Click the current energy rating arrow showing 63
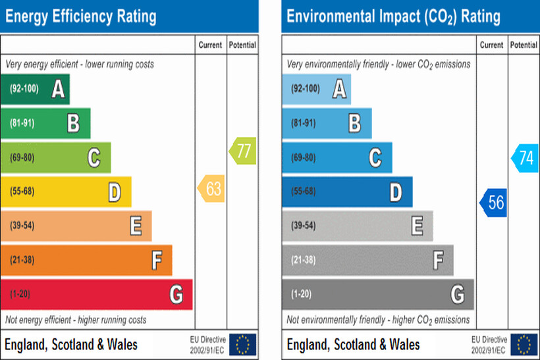point(211,190)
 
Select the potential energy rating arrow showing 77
point(243,151)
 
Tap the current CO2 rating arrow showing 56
point(493,203)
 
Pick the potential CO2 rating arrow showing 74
point(525,159)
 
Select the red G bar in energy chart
point(96,294)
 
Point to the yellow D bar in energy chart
point(66,192)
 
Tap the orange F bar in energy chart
point(86,260)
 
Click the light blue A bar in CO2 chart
point(317,89)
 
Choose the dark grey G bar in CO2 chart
point(378,294)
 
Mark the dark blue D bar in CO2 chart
point(347,192)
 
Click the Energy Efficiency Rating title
point(81,16)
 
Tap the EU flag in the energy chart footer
point(242,344)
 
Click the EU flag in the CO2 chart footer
point(524,344)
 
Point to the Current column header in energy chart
point(211,45)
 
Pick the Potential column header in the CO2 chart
point(524,45)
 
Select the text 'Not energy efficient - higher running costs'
point(76,320)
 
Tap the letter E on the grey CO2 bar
point(417,226)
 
